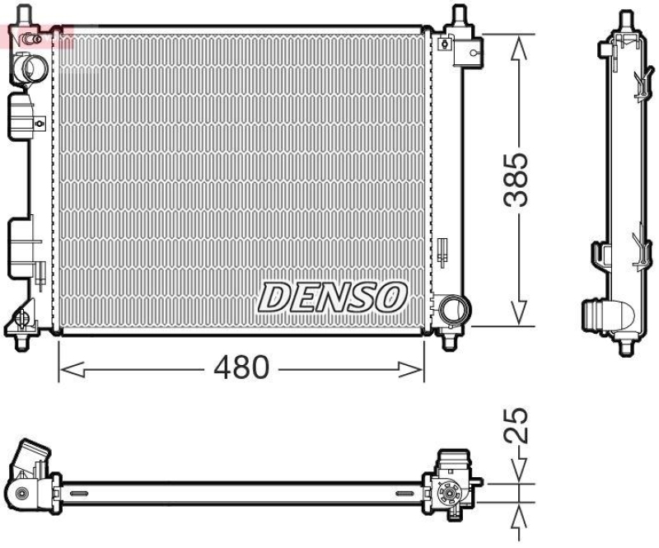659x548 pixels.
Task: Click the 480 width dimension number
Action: tap(241, 368)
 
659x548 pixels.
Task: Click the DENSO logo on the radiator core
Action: tap(333, 296)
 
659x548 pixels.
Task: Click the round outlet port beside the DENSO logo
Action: tap(452, 311)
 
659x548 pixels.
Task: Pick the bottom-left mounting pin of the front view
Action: tap(21, 338)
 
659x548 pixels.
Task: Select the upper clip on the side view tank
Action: tap(640, 82)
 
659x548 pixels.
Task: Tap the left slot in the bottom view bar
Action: tap(78, 493)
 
